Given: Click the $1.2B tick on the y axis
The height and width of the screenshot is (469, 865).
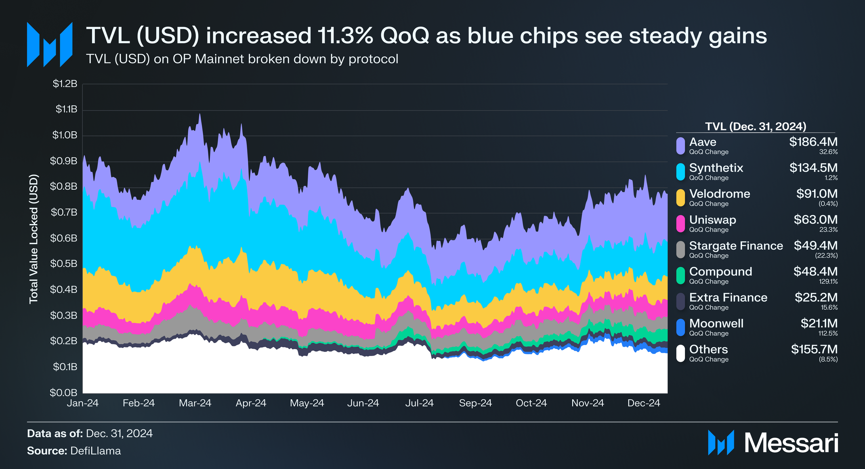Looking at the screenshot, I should pyautogui.click(x=65, y=84).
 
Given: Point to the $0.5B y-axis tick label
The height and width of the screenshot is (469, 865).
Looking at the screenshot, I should pyautogui.click(x=63, y=264).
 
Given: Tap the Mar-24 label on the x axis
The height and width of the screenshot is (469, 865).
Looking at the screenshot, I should pyautogui.click(x=195, y=403).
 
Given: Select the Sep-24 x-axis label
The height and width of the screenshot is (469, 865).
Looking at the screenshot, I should pyautogui.click(x=475, y=403).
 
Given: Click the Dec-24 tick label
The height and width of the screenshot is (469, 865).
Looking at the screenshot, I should pyautogui.click(x=644, y=403).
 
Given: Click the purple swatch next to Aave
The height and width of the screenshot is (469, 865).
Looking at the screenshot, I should pyautogui.click(x=680, y=146).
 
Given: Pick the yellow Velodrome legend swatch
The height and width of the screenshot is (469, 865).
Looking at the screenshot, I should pyautogui.click(x=680, y=198).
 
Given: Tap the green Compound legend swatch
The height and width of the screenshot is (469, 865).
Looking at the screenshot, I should pyautogui.click(x=680, y=276).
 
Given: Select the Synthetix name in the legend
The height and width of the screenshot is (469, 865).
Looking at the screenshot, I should pyautogui.click(x=716, y=168).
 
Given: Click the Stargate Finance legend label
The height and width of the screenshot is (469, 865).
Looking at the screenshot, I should pyautogui.click(x=736, y=246).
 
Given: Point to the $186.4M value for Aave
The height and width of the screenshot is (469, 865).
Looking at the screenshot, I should pyautogui.click(x=813, y=142).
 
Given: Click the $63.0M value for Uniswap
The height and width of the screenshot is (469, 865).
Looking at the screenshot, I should pyautogui.click(x=815, y=220).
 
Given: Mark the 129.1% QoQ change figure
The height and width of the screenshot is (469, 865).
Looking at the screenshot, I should pyautogui.click(x=828, y=282).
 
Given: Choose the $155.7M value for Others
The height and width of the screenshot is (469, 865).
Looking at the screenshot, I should pyautogui.click(x=814, y=350).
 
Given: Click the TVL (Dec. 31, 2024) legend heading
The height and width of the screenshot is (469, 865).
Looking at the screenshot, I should pyautogui.click(x=756, y=127).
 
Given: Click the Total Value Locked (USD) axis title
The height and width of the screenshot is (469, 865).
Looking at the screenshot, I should pyautogui.click(x=34, y=239).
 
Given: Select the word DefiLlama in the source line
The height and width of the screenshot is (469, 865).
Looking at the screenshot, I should pyautogui.click(x=95, y=451).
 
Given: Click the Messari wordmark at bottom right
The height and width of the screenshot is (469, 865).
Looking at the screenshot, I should pyautogui.click(x=791, y=443).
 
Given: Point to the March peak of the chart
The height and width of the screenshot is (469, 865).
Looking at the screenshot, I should pyautogui.click(x=199, y=115).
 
